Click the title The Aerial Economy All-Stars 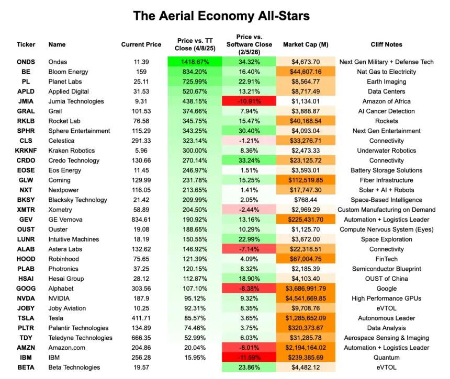pyautogui.click(x=221, y=16)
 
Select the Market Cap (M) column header pyautogui.click(x=306, y=44)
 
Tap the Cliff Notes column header pyautogui.click(x=386, y=44)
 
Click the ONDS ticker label pyautogui.click(x=26, y=62)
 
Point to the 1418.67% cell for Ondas pyautogui.click(x=195, y=62)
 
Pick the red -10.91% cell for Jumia pyautogui.click(x=249, y=101)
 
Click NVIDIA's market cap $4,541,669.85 pyautogui.click(x=306, y=298)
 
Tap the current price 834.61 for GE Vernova pyautogui.click(x=141, y=220)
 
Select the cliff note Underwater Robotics pyautogui.click(x=386, y=151)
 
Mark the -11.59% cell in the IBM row pyautogui.click(x=249, y=358)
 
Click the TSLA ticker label pyautogui.click(x=26, y=318)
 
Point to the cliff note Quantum pyautogui.click(x=386, y=358)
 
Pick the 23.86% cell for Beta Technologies pyautogui.click(x=249, y=367)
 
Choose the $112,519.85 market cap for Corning pyautogui.click(x=306, y=180)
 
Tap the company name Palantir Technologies pyautogui.click(x=78, y=328)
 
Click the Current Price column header pyautogui.click(x=141, y=44)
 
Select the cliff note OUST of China pyautogui.click(x=386, y=279)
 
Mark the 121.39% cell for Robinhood pyautogui.click(x=195, y=259)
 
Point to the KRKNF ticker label pyautogui.click(x=26, y=151)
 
